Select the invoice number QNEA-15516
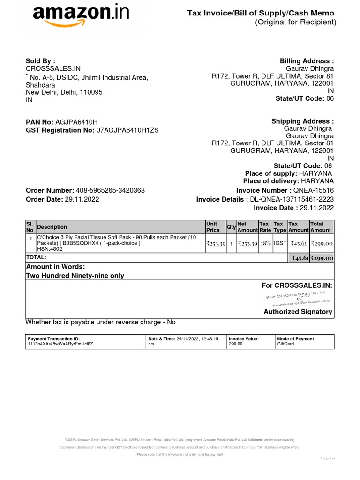pos(313,190)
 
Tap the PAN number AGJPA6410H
pos(77,122)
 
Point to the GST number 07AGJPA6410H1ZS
pos(127,130)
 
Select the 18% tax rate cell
pos(265,244)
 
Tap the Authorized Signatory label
pos(298,312)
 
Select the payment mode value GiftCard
pos(285,344)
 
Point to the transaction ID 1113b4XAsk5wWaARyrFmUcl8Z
pos(60,344)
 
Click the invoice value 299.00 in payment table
pos(235,344)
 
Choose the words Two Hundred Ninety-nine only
pos(75,276)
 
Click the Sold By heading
pos(40,61)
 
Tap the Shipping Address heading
pos(303,121)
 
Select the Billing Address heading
pos(307,61)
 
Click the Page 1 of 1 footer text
pos(329,458)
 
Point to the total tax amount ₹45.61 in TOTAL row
pos(298,258)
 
